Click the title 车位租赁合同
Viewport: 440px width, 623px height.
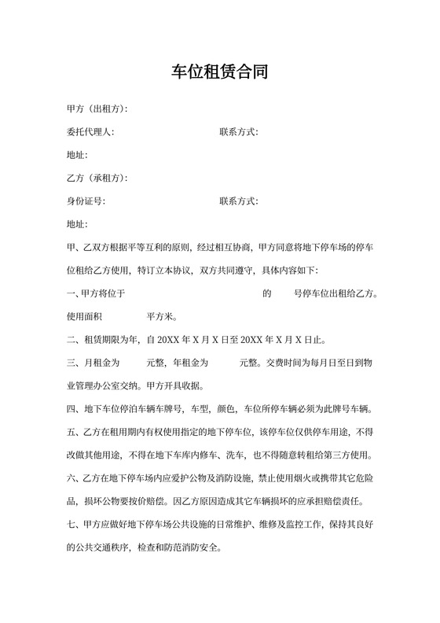click(x=220, y=73)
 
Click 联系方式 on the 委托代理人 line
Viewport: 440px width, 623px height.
click(x=238, y=132)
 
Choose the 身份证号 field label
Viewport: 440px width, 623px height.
click(x=86, y=201)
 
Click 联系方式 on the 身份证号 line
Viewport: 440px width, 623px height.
click(x=238, y=201)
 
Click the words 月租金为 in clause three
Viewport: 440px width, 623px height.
click(x=100, y=363)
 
